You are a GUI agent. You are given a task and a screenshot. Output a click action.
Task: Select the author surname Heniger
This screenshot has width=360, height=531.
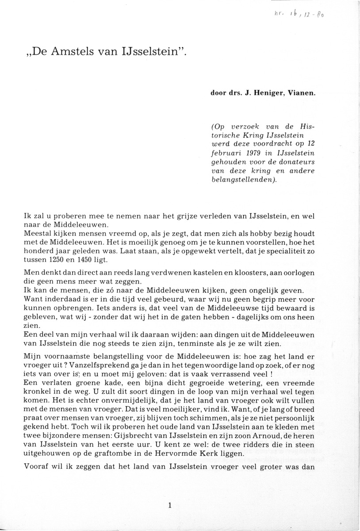(273, 93)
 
